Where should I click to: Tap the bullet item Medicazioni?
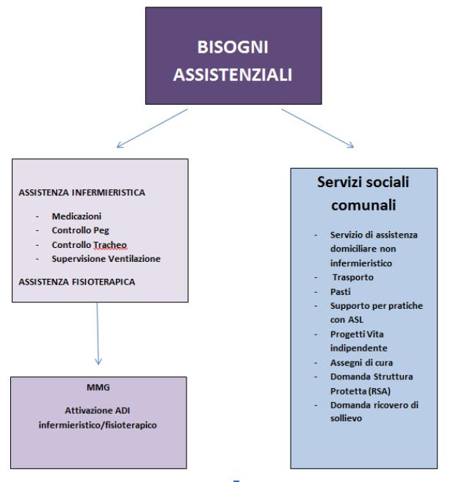77,218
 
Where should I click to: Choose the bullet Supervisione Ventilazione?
106,258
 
